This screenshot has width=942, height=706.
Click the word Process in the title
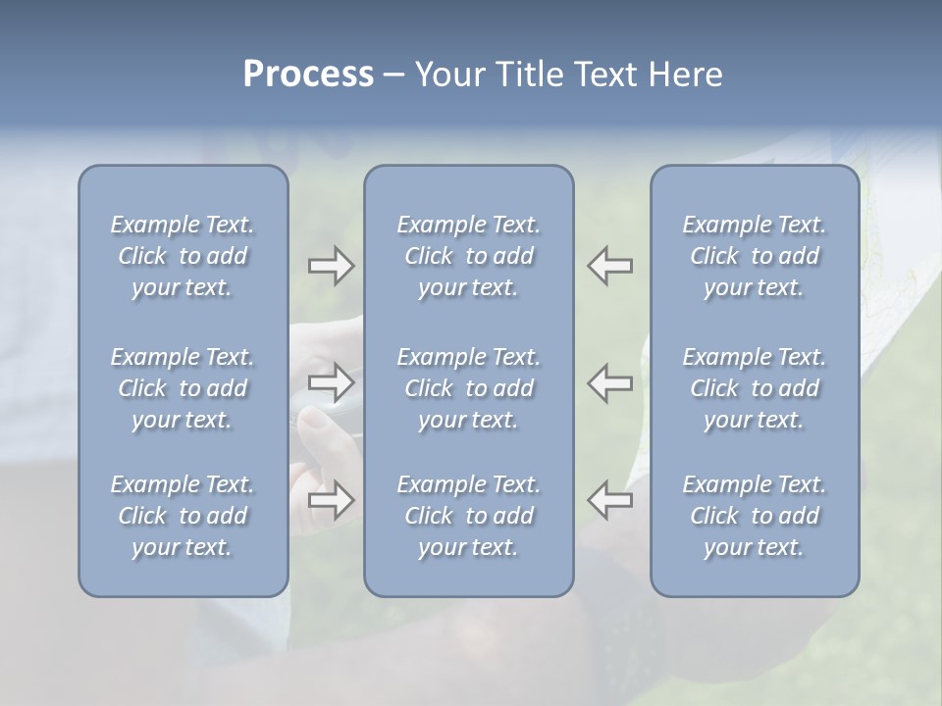tap(308, 75)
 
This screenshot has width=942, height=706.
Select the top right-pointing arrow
tap(331, 266)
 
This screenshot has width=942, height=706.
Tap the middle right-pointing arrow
tap(331, 382)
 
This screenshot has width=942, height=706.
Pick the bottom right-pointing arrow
tap(331, 500)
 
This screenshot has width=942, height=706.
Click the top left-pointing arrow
tap(609, 266)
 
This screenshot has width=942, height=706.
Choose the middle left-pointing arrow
tap(609, 382)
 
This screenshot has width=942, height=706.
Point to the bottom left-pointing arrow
tap(609, 500)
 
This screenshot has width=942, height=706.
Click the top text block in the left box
tap(183, 256)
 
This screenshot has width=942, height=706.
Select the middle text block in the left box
tap(183, 388)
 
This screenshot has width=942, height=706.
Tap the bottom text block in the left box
tap(183, 516)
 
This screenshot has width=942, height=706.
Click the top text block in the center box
tap(468, 256)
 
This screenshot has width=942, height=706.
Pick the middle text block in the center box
tap(468, 388)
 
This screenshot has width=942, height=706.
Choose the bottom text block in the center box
tap(468, 516)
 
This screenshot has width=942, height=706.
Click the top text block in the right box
tap(755, 256)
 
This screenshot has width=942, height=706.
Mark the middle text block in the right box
tap(755, 388)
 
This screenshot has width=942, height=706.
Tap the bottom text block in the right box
tap(755, 516)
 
